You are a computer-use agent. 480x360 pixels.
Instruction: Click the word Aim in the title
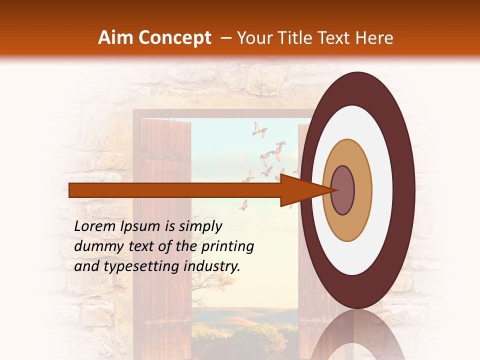(116, 38)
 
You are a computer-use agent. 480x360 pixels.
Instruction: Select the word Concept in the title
(174, 38)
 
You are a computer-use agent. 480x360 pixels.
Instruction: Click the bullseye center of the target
(343, 190)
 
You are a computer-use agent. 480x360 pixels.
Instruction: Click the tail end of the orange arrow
(70, 190)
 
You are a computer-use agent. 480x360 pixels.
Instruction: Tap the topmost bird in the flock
(259, 129)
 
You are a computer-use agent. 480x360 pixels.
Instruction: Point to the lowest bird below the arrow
(243, 205)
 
